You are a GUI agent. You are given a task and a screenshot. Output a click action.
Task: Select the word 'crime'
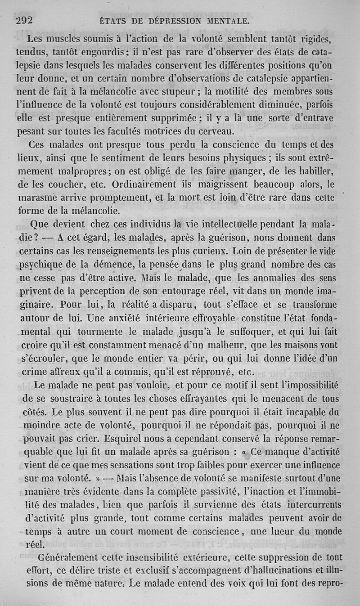click(33, 372)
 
